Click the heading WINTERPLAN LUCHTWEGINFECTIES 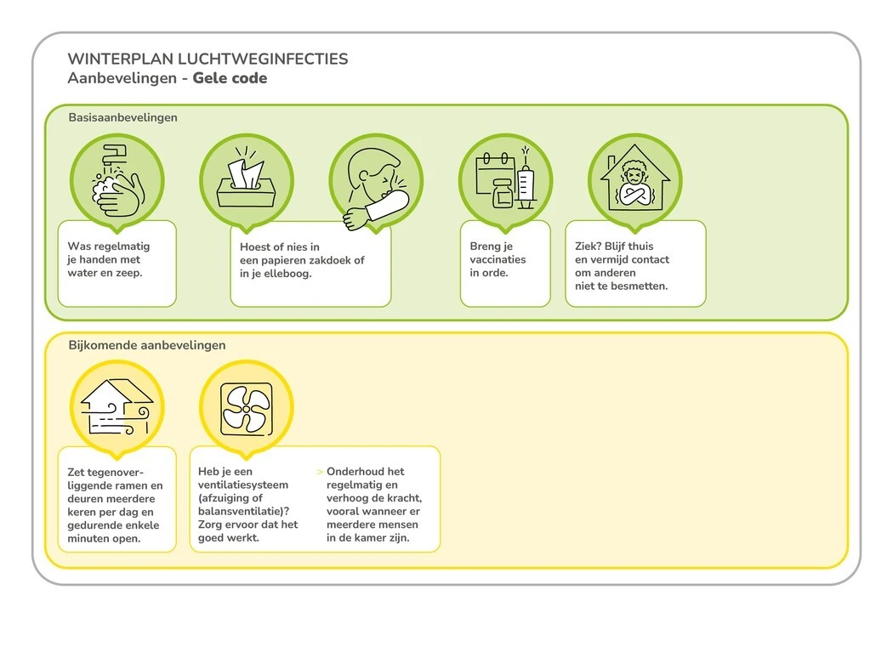pos(208,59)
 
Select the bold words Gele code pos(230,78)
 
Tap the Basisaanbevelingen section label pos(122,117)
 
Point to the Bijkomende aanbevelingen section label pos(146,345)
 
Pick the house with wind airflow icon pos(117,406)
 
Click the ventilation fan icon pos(246,406)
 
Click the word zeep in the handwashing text pos(128,273)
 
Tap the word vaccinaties pos(498,259)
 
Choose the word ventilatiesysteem pos(242,484)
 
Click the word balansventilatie pos(242,511)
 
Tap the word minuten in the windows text pos(88,538)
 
